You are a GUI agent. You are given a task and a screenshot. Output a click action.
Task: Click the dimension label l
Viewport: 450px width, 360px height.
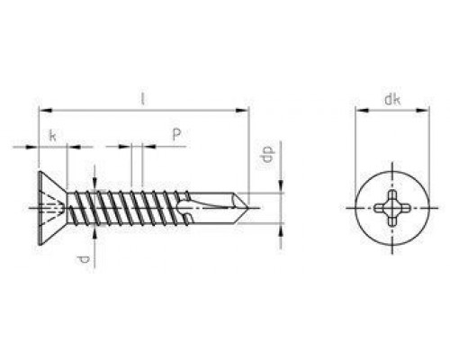tap(143, 99)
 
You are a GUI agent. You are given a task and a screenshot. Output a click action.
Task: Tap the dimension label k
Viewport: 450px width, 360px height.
tap(52, 136)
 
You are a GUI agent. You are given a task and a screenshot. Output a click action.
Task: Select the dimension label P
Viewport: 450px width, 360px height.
tap(176, 134)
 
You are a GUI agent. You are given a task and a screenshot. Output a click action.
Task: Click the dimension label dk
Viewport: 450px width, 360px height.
tap(392, 99)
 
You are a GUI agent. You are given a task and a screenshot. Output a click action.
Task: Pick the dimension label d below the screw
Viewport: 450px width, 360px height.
tap(84, 260)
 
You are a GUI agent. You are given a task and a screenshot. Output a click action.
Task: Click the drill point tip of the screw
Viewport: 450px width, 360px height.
tap(247, 208)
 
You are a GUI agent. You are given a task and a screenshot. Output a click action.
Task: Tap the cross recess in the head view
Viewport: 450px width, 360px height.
tap(392, 208)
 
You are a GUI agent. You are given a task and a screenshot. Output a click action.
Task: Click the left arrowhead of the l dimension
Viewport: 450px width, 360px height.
tap(46, 111)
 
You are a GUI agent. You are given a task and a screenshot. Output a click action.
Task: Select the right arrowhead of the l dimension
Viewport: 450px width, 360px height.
tap(242, 111)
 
